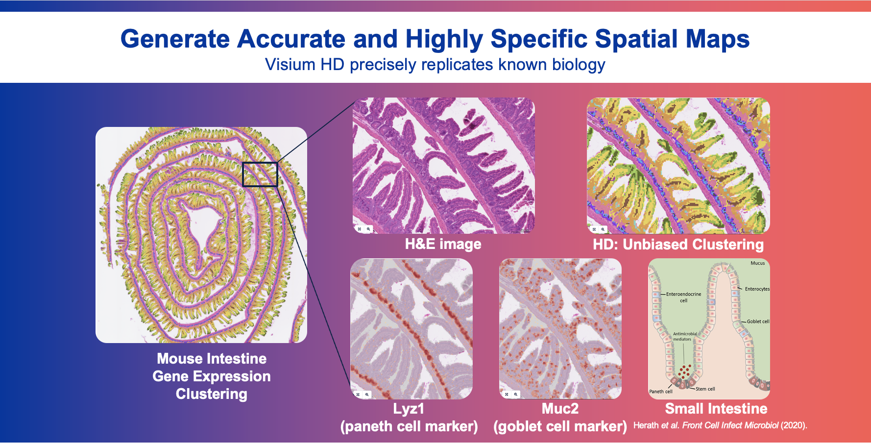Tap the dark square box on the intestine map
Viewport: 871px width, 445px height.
pos(260,174)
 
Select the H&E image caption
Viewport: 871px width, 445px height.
pos(443,244)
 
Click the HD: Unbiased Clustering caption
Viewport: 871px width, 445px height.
pos(678,244)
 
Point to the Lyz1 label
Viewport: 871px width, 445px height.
pos(409,409)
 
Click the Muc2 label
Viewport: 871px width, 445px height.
pos(560,409)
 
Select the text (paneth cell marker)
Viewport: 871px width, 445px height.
pos(409,426)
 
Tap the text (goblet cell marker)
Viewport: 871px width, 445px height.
pos(560,426)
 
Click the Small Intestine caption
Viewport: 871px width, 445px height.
pos(716,409)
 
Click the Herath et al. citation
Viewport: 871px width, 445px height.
pos(720,425)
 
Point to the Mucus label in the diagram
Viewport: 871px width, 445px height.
pos(758,263)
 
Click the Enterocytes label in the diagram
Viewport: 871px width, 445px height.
pos(757,289)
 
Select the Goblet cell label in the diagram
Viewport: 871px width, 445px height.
pos(758,321)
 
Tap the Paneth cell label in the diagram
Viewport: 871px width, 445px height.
pos(661,392)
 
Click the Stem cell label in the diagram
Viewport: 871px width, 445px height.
pos(705,389)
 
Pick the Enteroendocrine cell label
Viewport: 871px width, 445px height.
pos(683,297)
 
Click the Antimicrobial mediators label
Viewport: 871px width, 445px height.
pos(684,337)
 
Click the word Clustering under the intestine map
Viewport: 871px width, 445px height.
pos(212,394)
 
